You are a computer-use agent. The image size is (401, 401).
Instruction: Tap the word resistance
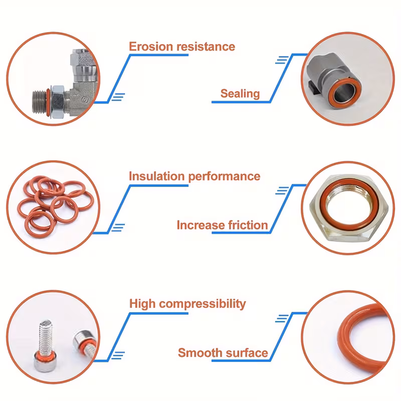tap(206, 47)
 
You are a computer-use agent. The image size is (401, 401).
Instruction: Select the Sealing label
tap(240, 94)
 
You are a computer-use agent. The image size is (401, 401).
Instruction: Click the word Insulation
tap(157, 176)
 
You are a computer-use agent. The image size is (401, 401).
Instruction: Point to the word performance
tap(224, 177)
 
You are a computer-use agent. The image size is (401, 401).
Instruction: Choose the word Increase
tap(201, 225)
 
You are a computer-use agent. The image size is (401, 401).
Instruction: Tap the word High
tap(142, 304)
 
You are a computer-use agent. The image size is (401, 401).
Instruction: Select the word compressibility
tap(203, 304)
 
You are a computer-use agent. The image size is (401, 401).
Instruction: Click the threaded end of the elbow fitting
tap(39, 102)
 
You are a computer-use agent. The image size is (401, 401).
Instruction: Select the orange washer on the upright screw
tap(44, 356)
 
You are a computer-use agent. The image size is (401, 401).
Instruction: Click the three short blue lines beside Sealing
tap(282, 60)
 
